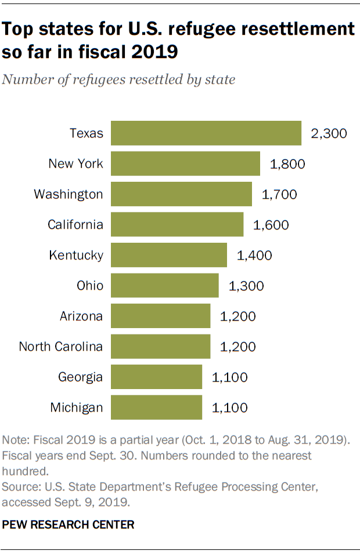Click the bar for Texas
click(206, 133)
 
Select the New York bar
click(185, 164)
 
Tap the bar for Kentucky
click(168, 255)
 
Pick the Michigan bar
click(156, 408)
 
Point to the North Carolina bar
click(160, 347)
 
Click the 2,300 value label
click(329, 134)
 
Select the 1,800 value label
click(287, 164)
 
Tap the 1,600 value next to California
click(271, 225)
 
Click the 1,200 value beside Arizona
click(237, 316)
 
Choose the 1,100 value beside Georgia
click(229, 377)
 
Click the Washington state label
click(68, 194)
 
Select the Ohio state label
click(89, 286)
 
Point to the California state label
click(75, 225)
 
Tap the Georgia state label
click(80, 377)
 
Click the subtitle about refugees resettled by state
click(118, 80)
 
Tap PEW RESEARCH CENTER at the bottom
click(68, 524)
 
